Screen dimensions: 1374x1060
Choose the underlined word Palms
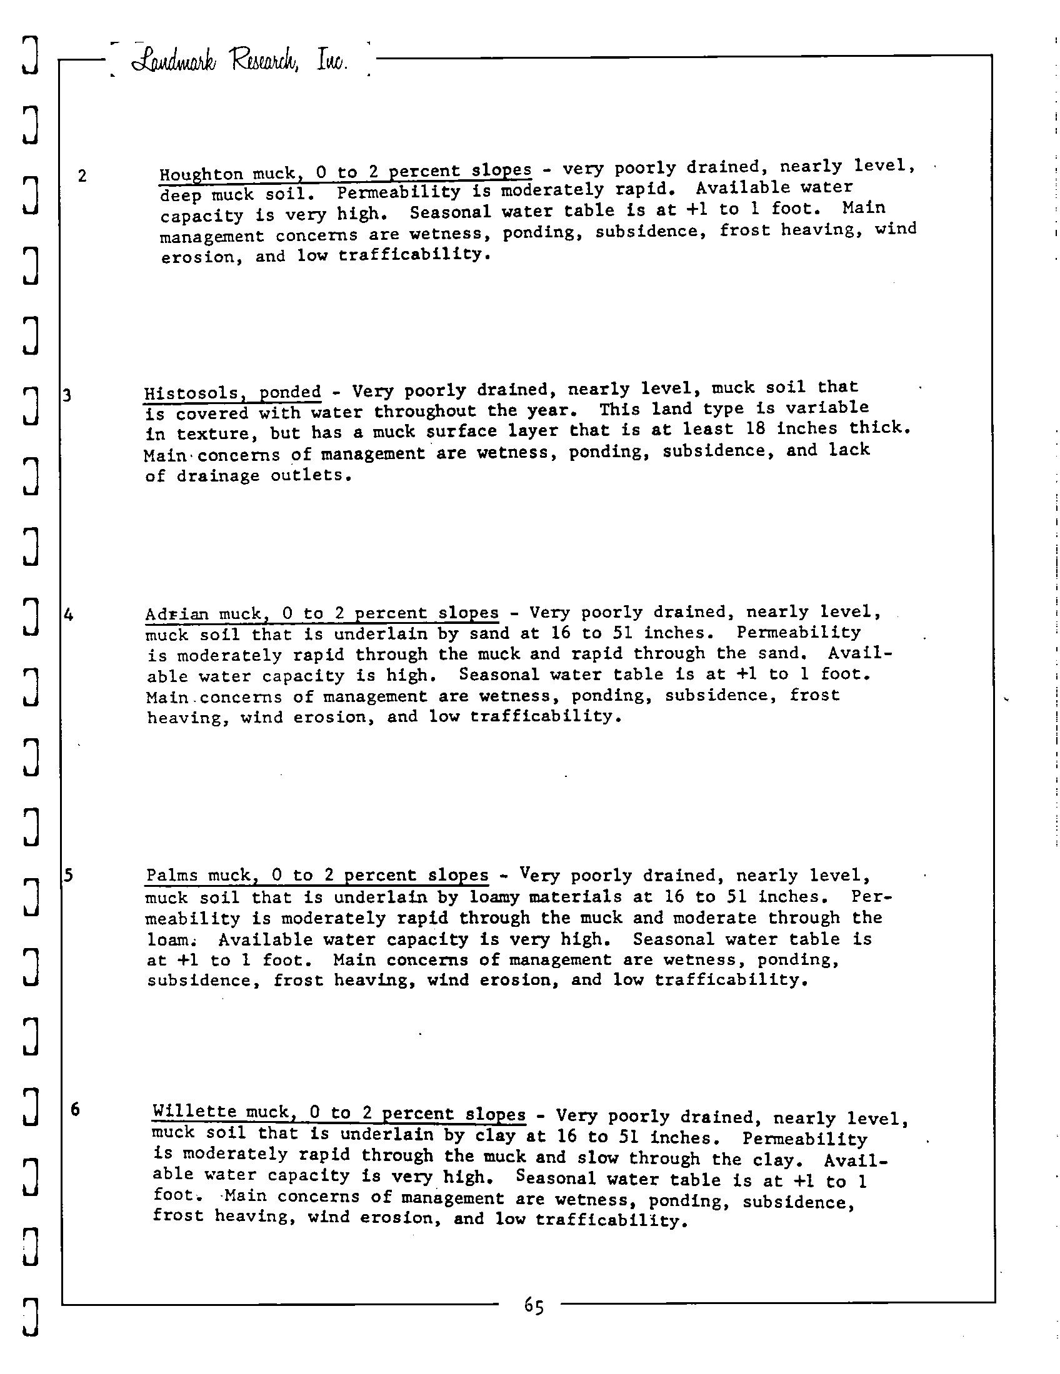[172, 875]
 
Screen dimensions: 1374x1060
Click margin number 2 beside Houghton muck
[82, 175]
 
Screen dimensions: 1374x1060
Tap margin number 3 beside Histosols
[67, 396]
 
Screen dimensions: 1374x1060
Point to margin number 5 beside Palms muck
[69, 874]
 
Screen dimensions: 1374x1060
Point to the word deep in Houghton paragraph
[181, 195]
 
